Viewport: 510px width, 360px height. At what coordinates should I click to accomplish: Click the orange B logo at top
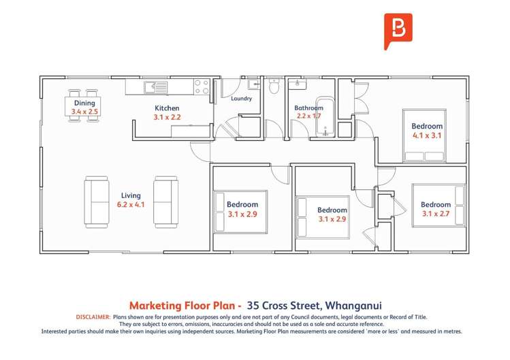pyautogui.click(x=394, y=29)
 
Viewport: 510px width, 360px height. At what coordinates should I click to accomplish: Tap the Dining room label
pyautogui.click(x=84, y=103)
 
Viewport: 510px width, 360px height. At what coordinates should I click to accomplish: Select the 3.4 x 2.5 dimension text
pyautogui.click(x=84, y=111)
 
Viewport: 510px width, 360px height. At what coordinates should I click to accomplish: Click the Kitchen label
pyautogui.click(x=167, y=108)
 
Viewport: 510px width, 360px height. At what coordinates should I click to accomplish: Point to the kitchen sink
pyautogui.click(x=156, y=86)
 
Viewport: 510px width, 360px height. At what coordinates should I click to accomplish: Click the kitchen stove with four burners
pyautogui.click(x=201, y=86)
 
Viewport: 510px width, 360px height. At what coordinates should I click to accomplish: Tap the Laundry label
pyautogui.click(x=241, y=99)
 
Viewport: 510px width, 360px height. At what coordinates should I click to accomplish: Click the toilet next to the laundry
pyautogui.click(x=274, y=86)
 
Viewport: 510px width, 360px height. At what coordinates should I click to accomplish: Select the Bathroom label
pyautogui.click(x=308, y=108)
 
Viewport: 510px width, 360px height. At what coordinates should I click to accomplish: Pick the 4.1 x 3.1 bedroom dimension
pyautogui.click(x=427, y=135)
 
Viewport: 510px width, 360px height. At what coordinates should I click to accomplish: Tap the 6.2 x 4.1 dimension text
pyautogui.click(x=131, y=203)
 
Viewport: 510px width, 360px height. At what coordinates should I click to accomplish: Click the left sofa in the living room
pyautogui.click(x=96, y=201)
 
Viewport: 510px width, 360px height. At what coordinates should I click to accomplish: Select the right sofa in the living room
pyautogui.click(x=165, y=201)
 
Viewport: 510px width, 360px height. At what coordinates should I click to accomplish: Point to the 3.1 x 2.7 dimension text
pyautogui.click(x=435, y=214)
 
